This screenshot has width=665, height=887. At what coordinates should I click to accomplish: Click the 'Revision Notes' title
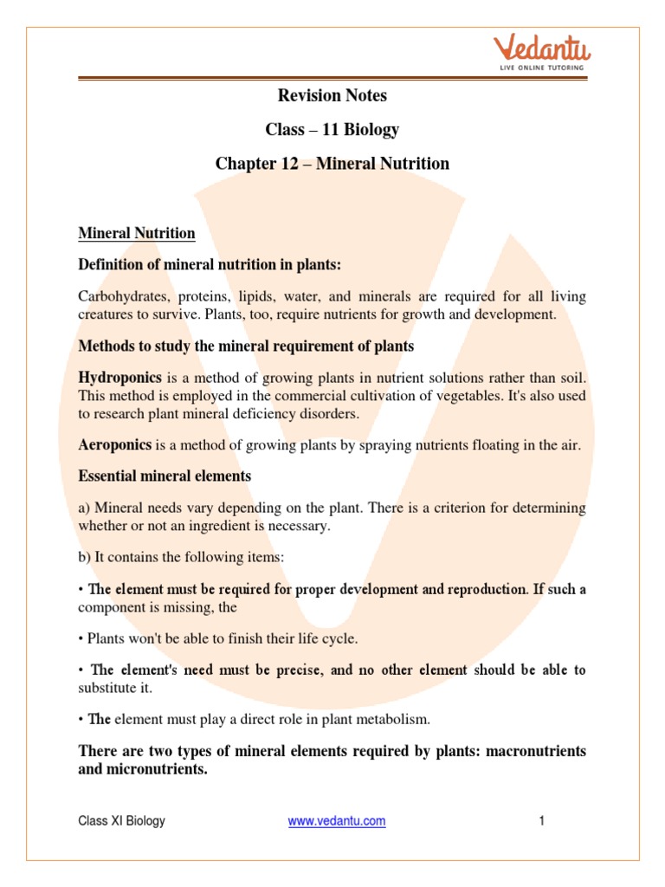point(332,95)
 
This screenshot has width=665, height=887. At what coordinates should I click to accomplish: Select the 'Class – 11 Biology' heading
point(332,129)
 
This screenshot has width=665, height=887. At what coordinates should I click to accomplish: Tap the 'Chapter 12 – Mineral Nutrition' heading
point(332,163)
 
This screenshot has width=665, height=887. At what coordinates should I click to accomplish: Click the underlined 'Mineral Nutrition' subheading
point(137,233)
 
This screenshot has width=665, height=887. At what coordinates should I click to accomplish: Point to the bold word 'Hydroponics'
point(114,379)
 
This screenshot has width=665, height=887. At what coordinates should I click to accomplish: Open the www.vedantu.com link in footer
point(337,820)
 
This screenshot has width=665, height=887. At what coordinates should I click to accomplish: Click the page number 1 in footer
point(541,820)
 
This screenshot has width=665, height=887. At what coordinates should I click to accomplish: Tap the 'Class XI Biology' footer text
point(121,820)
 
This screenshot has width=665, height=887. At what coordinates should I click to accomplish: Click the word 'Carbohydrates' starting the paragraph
point(120,296)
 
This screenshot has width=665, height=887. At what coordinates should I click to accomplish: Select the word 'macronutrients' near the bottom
point(535,750)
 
